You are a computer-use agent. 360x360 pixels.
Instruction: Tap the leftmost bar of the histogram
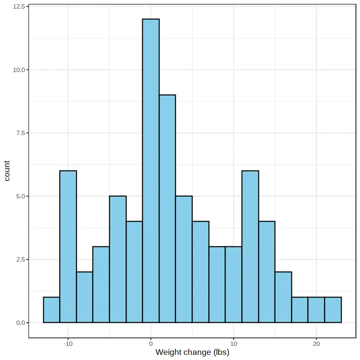coord(51,310)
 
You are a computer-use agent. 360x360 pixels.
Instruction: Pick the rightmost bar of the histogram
coord(333,310)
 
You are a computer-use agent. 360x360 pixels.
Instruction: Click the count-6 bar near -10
coord(68,246)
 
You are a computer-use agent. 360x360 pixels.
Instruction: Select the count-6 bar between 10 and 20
coord(250,246)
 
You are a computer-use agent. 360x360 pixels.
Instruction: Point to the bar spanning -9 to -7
coord(84,297)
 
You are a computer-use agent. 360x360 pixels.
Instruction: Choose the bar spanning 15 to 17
coord(283,297)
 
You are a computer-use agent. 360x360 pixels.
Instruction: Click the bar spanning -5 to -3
coord(118,259)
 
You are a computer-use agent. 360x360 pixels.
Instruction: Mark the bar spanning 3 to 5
coord(184,259)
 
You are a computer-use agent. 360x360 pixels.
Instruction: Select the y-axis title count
coord(7,171)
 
